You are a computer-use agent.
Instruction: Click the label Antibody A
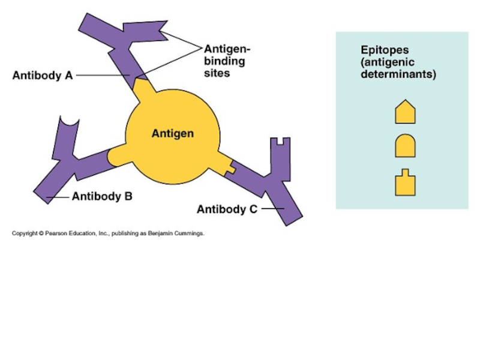click(x=43, y=76)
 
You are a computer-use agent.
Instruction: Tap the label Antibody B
click(x=102, y=196)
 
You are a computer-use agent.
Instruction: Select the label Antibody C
click(x=227, y=209)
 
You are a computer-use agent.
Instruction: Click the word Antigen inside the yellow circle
click(x=172, y=133)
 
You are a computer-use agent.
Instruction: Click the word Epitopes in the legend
click(x=385, y=50)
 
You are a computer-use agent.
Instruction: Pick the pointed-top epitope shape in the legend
click(x=405, y=112)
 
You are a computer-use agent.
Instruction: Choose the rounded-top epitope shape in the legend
click(x=405, y=146)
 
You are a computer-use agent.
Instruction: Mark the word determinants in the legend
click(x=398, y=76)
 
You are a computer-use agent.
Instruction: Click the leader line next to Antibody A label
click(x=102, y=76)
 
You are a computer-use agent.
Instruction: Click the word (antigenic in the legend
click(x=387, y=62)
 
